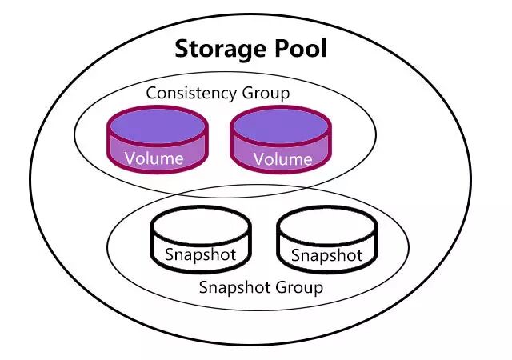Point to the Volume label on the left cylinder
point(154,158)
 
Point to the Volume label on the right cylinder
point(282,158)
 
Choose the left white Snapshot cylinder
point(201,241)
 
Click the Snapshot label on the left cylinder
point(201,254)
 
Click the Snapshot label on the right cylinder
point(326,255)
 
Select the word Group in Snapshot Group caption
point(299,287)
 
